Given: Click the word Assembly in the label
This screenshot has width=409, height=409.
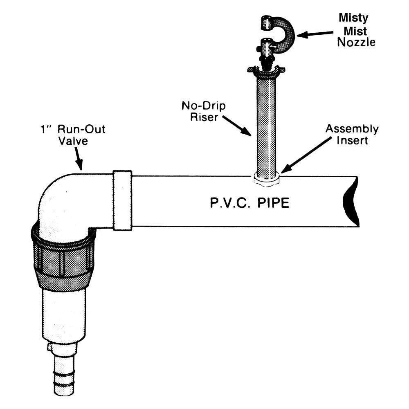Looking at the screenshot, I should click(352, 129).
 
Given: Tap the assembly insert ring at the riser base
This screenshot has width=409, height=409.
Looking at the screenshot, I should click(266, 178).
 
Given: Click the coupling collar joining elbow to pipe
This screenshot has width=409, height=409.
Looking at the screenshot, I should click(122, 200).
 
